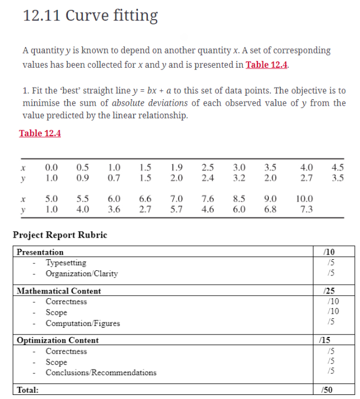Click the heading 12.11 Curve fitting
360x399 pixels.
[90, 16]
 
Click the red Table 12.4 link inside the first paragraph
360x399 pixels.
[267, 64]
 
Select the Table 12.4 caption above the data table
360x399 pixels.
[40, 133]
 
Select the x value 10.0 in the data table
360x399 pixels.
[304, 198]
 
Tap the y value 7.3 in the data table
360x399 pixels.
[306, 209]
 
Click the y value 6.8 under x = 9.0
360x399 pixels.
[270, 209]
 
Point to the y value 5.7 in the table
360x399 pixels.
[177, 209]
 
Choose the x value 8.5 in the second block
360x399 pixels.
[239, 198]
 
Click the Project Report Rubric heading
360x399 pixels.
[60, 235]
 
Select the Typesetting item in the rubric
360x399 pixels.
[66, 263]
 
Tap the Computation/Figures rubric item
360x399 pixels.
[82, 323]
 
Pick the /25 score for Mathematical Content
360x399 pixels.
[330, 291]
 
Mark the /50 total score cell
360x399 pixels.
[329, 390]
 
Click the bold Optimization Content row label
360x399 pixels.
[57, 340]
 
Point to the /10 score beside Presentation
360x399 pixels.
[329, 252]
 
